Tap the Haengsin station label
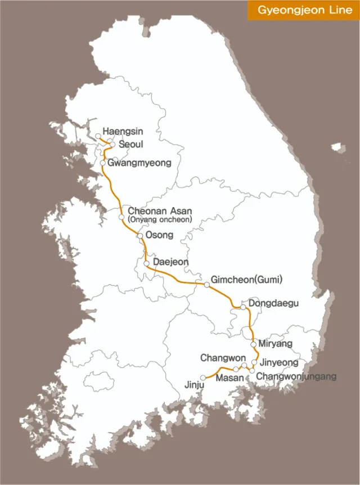pyautogui.click(x=123, y=132)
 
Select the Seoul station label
pyautogui.click(x=130, y=144)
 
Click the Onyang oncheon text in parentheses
pyautogui.click(x=160, y=219)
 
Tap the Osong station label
pyautogui.click(x=159, y=235)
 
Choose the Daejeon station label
pyautogui.click(x=170, y=262)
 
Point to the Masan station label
pyautogui.click(x=230, y=378)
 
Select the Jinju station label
pyautogui.click(x=192, y=386)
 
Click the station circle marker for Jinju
pyautogui.click(x=203, y=378)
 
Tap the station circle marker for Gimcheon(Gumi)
pyautogui.click(x=207, y=285)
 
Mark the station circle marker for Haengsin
pyautogui.click(x=98, y=136)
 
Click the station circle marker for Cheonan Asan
pyautogui.click(x=121, y=217)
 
